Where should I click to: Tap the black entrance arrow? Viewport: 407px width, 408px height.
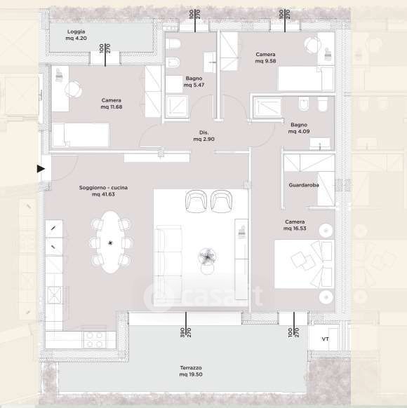tap(41, 169)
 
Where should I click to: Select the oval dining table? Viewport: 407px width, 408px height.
tap(111, 243)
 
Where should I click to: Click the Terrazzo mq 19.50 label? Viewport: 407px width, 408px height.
tap(191, 371)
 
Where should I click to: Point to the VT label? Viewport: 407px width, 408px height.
tap(325, 339)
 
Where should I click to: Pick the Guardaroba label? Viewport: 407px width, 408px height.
tap(304, 185)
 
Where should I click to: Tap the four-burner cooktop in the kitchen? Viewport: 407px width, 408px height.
tap(95, 340)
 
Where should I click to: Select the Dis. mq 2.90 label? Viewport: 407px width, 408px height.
tap(204, 136)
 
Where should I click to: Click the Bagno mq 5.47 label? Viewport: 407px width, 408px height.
tap(194, 81)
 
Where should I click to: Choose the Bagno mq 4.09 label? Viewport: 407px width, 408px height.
tap(299, 128)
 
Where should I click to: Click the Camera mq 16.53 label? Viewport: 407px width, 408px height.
tap(295, 225)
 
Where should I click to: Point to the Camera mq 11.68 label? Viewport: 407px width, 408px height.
tap(112, 104)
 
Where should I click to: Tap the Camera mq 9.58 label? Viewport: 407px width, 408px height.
tap(266, 57)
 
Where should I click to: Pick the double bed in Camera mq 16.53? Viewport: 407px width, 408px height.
tap(305, 264)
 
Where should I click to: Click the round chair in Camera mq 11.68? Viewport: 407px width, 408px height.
tap(74, 90)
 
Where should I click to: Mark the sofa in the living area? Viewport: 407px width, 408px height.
tap(168, 264)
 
